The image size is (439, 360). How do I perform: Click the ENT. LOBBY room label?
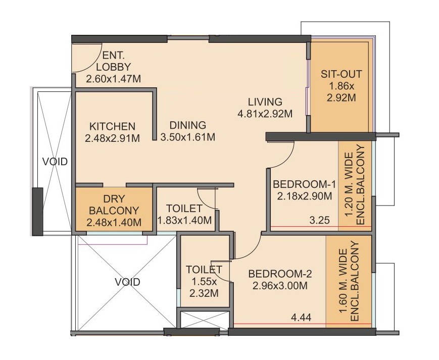(113, 61)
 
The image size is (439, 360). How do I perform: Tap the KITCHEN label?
(112, 126)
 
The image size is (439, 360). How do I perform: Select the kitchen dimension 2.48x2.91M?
(112, 138)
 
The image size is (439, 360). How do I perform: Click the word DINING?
(188, 125)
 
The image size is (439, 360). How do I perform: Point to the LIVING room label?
(265, 101)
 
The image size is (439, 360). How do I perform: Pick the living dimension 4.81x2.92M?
(265, 114)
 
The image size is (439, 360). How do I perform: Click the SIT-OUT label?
(342, 74)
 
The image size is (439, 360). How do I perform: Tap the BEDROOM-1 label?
(304, 184)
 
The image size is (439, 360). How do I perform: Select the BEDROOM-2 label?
(280, 274)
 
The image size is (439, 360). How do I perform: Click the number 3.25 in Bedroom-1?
(320, 221)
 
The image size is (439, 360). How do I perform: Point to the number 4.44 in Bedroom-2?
(301, 318)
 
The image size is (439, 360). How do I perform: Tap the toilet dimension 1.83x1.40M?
(184, 221)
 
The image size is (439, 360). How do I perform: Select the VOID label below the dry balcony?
(127, 282)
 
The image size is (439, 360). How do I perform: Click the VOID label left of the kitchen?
(55, 162)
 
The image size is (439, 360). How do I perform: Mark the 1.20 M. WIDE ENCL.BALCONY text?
(355, 185)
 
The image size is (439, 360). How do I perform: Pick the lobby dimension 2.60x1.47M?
(113, 79)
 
